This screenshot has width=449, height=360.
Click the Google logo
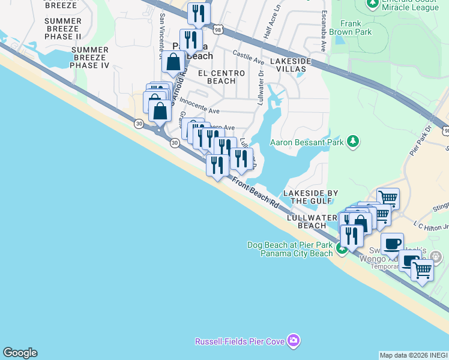[x=20, y=353]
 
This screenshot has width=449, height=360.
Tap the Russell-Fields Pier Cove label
[x=240, y=341]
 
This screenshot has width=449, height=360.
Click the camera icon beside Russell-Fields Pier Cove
[x=294, y=341]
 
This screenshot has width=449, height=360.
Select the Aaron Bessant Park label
[x=307, y=142]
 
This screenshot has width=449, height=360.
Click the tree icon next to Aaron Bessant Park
[x=354, y=142]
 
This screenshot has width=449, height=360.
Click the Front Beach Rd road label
[x=256, y=193]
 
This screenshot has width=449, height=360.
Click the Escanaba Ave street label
[x=323, y=34]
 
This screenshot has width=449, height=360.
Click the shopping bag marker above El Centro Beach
[x=173, y=62]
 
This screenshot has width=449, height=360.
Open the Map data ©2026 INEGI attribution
[x=414, y=355]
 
